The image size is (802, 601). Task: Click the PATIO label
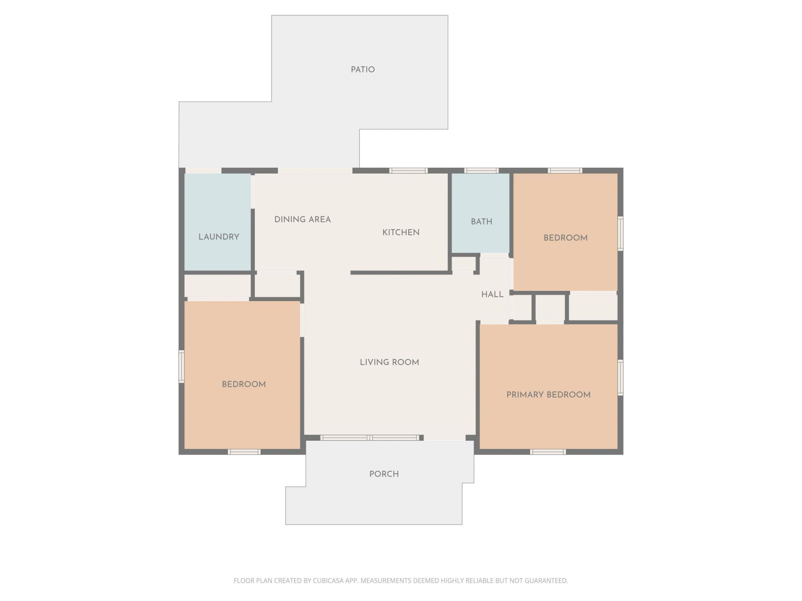click(x=363, y=70)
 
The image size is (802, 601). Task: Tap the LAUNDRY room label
click(x=218, y=237)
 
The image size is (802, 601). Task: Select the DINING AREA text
click(x=302, y=220)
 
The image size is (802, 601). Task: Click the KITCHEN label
click(x=401, y=232)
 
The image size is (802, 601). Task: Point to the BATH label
click(x=481, y=222)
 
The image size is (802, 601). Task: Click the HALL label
click(x=492, y=295)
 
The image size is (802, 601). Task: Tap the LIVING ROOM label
click(x=389, y=362)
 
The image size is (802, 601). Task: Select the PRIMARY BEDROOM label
click(x=548, y=395)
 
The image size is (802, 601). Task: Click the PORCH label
click(x=384, y=474)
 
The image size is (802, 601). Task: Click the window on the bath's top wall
click(x=481, y=170)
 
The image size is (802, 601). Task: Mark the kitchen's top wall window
click(x=409, y=170)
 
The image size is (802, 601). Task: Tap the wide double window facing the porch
click(x=370, y=438)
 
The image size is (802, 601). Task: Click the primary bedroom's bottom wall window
click(x=548, y=452)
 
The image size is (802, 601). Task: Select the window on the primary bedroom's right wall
click(x=620, y=378)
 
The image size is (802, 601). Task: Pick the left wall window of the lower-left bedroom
click(x=181, y=366)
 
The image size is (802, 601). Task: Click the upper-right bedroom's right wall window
click(x=620, y=234)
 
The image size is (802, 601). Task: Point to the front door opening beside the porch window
click(x=444, y=438)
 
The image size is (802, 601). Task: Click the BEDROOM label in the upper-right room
click(x=565, y=238)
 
